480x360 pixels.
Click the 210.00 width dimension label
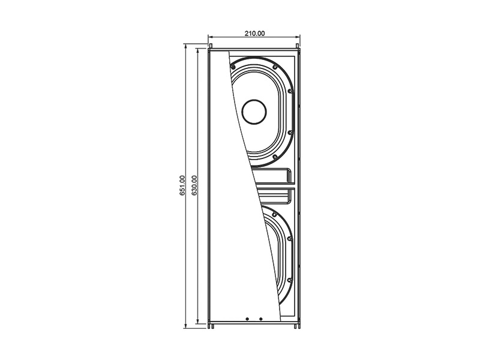click(254, 33)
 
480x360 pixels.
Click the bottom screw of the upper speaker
click(274, 157)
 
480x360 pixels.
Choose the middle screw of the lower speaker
click(290, 239)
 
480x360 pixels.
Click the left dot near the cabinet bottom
click(247, 319)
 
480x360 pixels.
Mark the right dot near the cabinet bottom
click(260, 319)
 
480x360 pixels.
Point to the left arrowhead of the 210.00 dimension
click(211, 39)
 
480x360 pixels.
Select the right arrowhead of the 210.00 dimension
click(298, 39)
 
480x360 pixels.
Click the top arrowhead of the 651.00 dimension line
click(187, 46)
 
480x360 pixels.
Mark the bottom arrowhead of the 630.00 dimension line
click(199, 322)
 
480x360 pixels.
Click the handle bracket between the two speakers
click(274, 180)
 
